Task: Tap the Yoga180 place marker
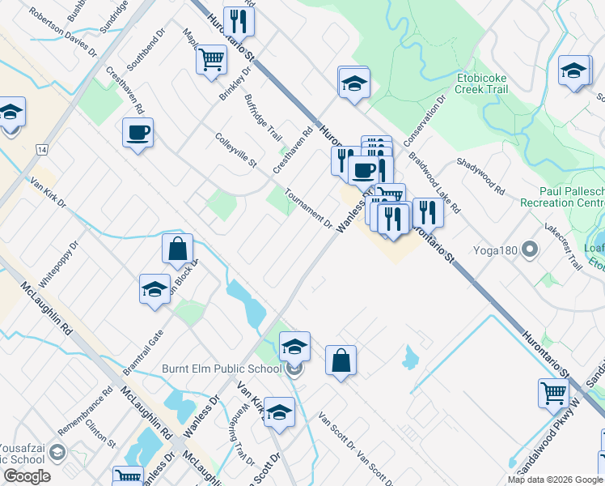(531, 249)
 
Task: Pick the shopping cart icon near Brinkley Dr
(210, 58)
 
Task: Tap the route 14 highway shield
(42, 150)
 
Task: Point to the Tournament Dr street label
(309, 208)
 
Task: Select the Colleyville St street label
(236, 151)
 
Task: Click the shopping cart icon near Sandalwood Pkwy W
(553, 393)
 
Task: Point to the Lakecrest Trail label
(563, 245)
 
